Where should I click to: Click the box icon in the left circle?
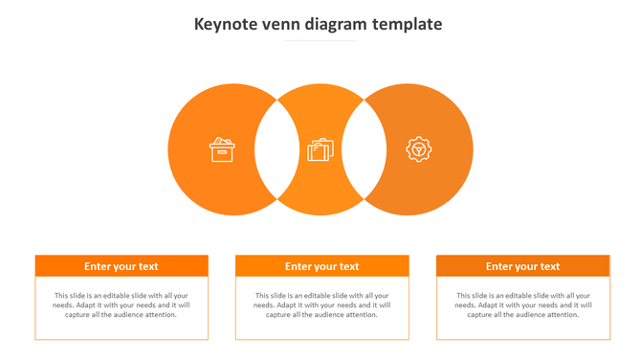[222, 149]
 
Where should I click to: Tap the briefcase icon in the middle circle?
[320, 150]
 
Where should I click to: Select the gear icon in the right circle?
[418, 149]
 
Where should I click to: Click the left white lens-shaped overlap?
[276, 149]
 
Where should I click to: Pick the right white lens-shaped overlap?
[365, 149]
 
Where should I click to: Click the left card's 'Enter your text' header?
[122, 266]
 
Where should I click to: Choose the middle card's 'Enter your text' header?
[321, 266]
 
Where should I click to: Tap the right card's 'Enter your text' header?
[522, 266]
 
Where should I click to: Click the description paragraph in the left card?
[122, 304]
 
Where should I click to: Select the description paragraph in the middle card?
[321, 304]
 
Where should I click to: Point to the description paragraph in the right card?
[522, 304]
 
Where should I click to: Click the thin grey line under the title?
[320, 41]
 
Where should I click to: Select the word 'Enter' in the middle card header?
[298, 266]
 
